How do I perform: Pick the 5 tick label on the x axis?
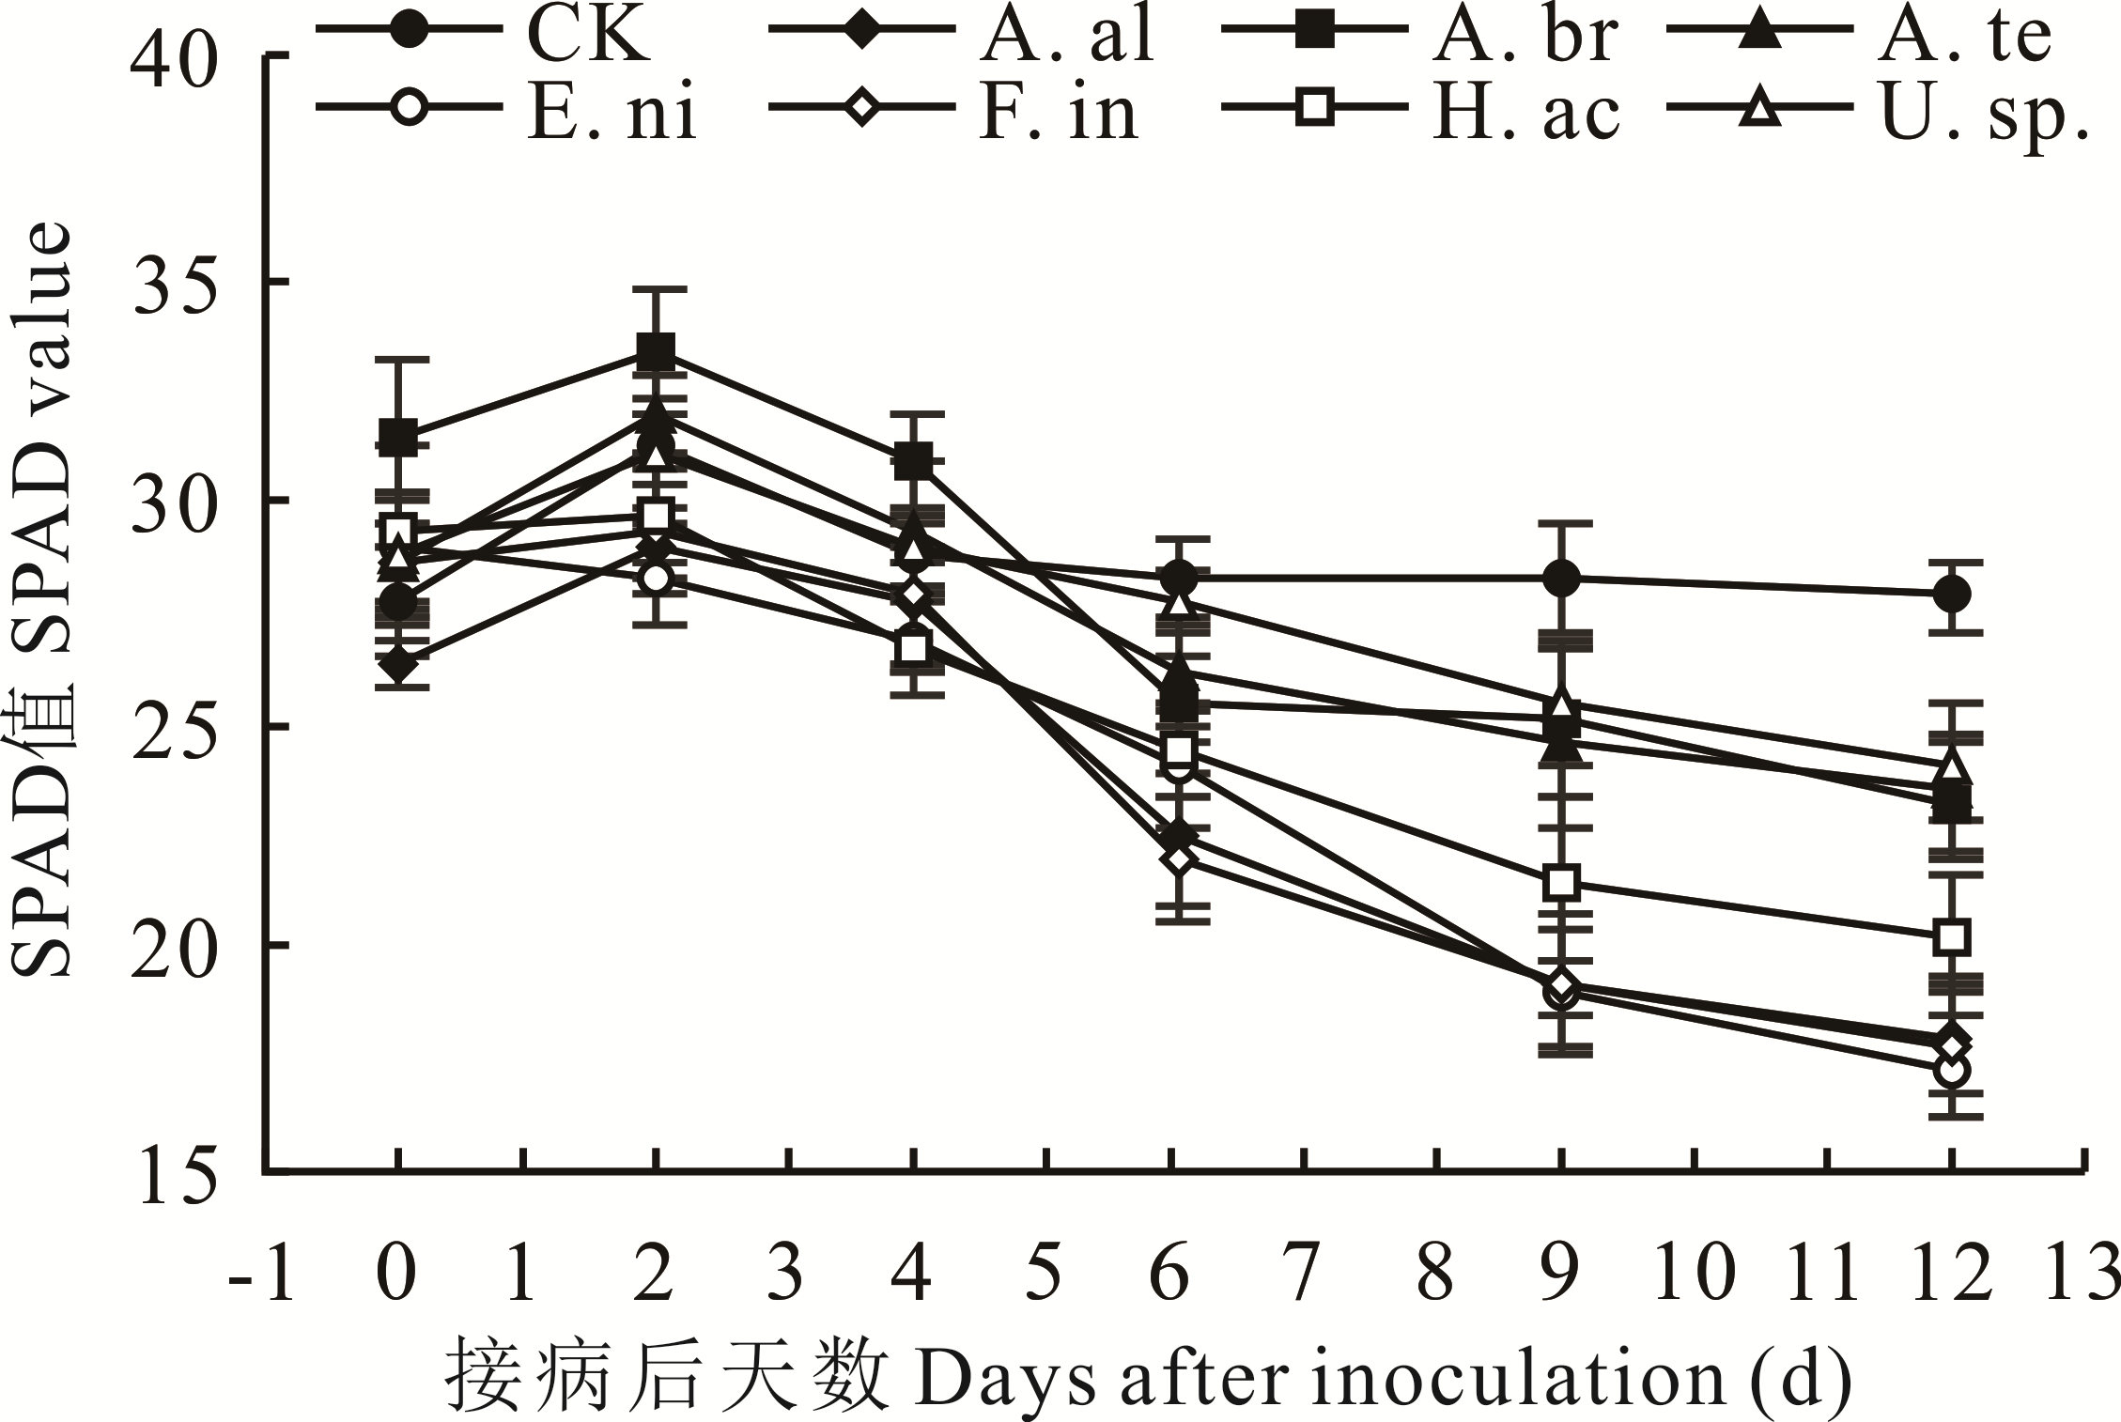pos(1043,1274)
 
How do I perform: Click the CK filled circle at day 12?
pos(1951,594)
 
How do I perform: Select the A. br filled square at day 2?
pos(656,352)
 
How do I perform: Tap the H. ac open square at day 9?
pos(1561,882)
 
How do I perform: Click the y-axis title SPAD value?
pos(39,601)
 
